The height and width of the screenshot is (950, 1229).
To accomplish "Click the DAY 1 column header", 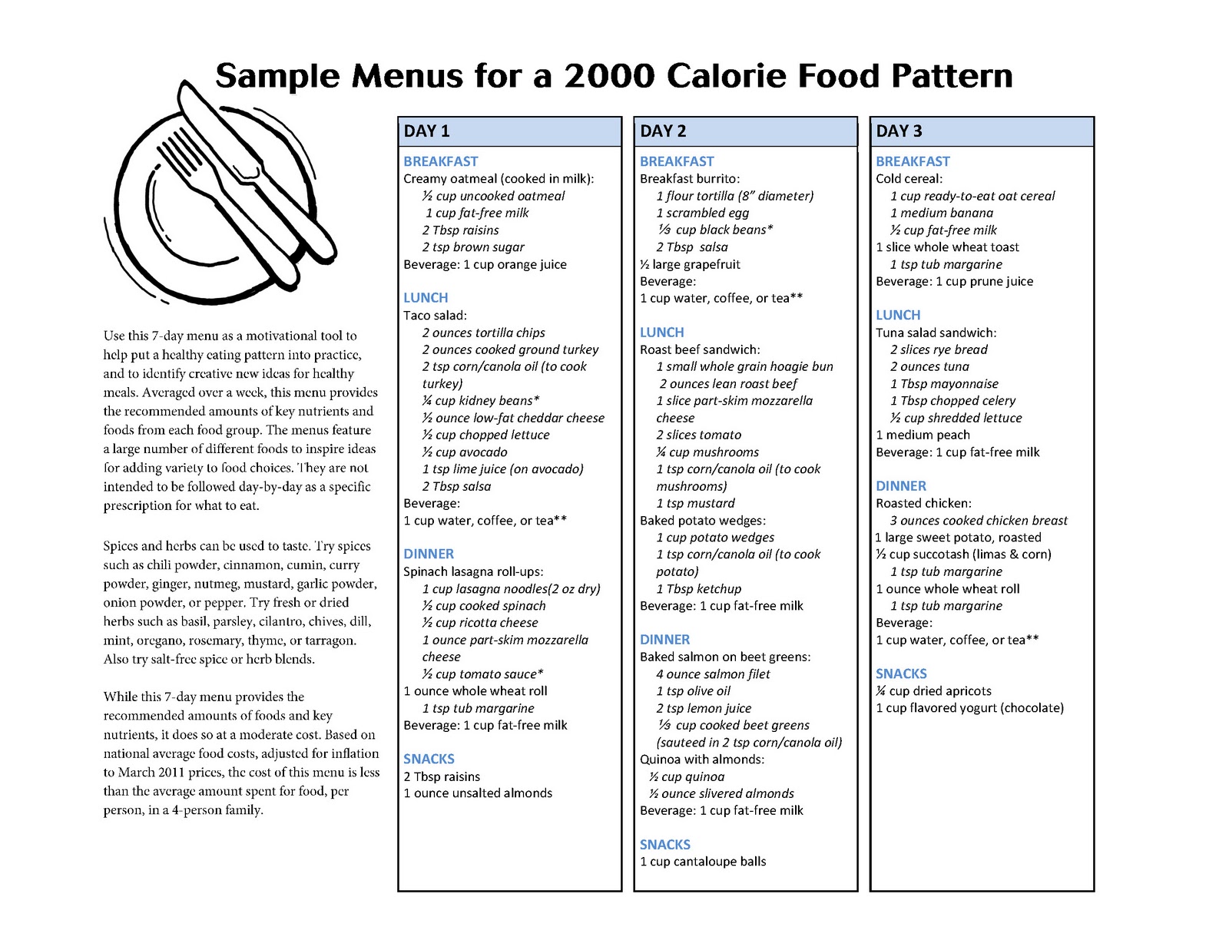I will pyautogui.click(x=427, y=131).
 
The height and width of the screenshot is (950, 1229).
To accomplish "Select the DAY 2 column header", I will pyautogui.click(x=663, y=131).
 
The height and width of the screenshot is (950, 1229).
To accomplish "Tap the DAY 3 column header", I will pyautogui.click(x=899, y=131).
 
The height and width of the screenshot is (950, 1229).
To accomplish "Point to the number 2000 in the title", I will pyautogui.click(x=608, y=76).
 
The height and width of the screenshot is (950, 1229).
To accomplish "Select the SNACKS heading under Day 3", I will pyautogui.click(x=901, y=674).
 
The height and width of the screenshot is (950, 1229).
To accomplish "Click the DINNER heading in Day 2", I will pyautogui.click(x=664, y=640).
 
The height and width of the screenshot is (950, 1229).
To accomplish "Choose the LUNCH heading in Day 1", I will pyautogui.click(x=426, y=298).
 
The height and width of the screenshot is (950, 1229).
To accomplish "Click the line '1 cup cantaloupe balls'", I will pyautogui.click(x=703, y=862).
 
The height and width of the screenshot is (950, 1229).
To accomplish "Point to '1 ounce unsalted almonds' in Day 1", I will pyautogui.click(x=478, y=793).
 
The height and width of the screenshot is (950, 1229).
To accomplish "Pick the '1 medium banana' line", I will pyautogui.click(x=942, y=213).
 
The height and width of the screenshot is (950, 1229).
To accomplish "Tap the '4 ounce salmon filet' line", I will pyautogui.click(x=713, y=674).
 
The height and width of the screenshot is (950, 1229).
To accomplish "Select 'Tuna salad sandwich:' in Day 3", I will pyautogui.click(x=936, y=333).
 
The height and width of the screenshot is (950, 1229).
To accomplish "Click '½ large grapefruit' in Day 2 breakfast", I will pyautogui.click(x=690, y=264).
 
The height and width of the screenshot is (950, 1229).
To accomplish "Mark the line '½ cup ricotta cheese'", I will pyautogui.click(x=479, y=623).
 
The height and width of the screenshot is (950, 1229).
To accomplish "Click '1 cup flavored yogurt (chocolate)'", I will pyautogui.click(x=969, y=708).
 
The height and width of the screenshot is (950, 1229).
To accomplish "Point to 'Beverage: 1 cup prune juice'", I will pyautogui.click(x=954, y=281).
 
